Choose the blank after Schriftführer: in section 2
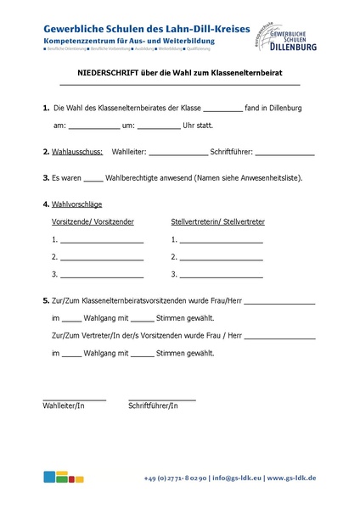click(x=284, y=154)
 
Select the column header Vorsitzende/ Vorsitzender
click(x=93, y=221)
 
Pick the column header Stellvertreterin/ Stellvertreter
click(x=218, y=221)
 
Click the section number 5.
click(x=45, y=301)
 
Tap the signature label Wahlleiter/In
click(x=64, y=406)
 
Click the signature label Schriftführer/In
click(x=153, y=406)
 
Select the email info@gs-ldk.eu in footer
click(x=237, y=478)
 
